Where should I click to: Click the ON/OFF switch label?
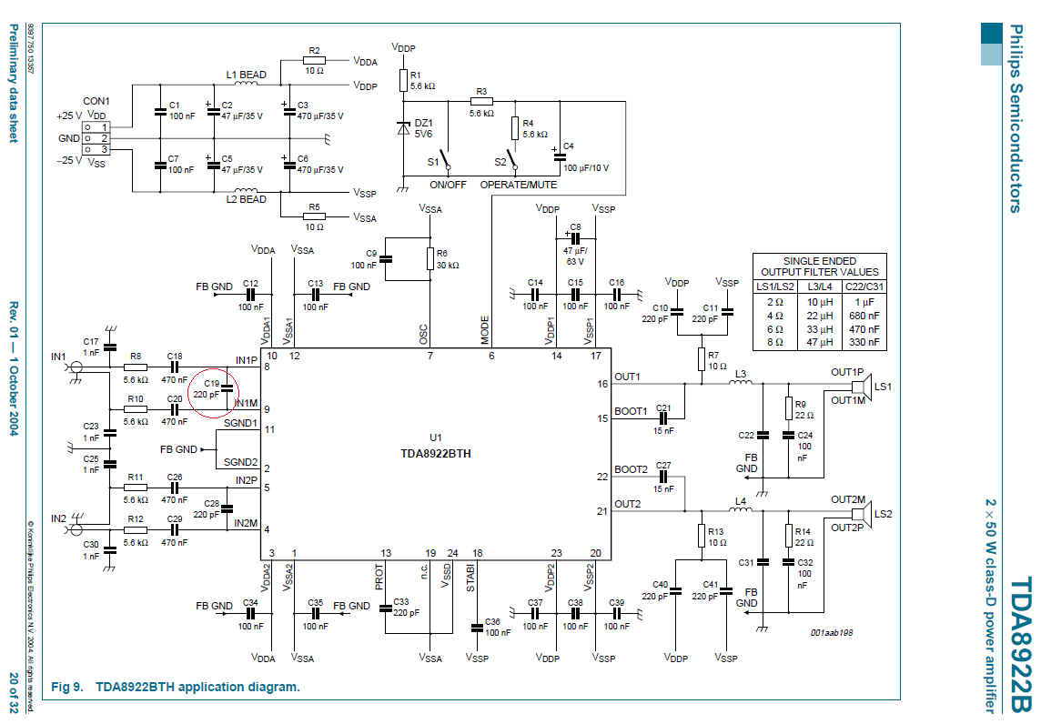point(448,185)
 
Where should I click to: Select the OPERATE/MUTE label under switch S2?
point(517,185)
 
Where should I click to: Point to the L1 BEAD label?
point(246,75)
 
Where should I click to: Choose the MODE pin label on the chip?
point(485,329)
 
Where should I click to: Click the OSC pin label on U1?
point(424,334)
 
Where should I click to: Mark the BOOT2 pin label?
point(631,470)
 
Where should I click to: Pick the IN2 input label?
point(59,518)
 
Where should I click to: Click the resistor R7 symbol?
point(701,358)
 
